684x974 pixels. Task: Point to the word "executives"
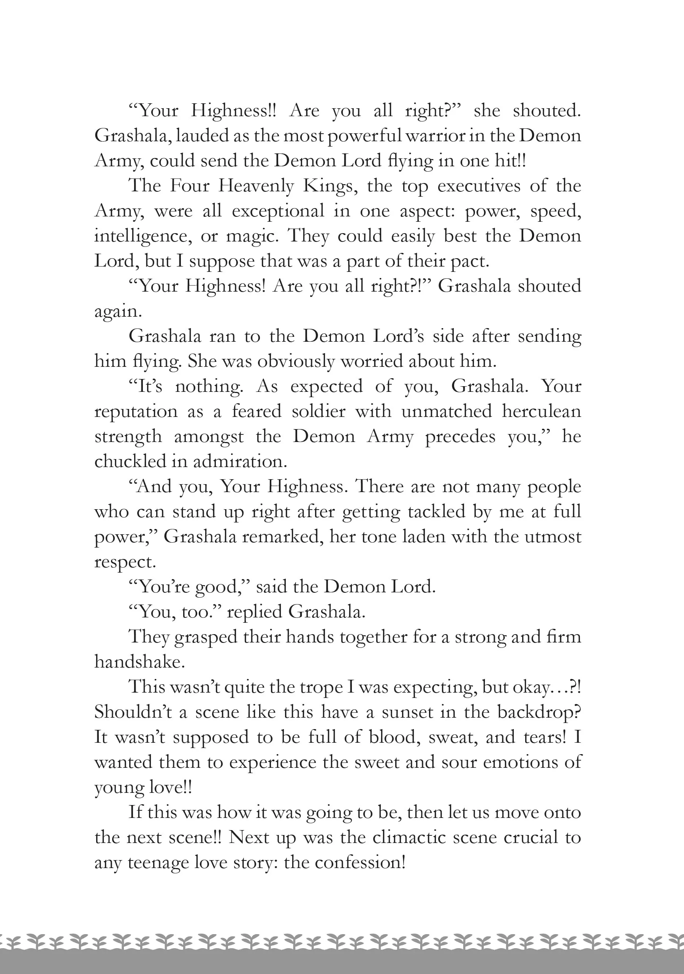[x=478, y=186]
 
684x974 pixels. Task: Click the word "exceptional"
[x=278, y=211]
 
